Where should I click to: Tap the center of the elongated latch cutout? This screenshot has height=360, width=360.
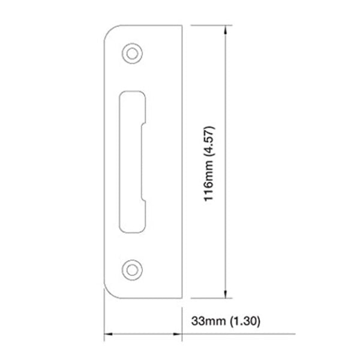133,161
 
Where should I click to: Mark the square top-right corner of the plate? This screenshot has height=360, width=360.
181,25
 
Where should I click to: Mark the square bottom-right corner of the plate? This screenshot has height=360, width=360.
181,298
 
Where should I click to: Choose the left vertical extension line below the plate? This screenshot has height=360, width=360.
105,318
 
